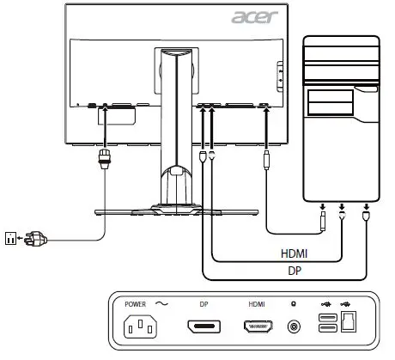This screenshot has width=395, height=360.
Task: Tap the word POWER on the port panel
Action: [136, 303]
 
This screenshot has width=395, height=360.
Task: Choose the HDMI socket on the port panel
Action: [257, 327]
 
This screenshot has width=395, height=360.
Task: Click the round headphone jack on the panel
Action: [295, 327]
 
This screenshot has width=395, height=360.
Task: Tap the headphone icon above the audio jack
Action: [295, 303]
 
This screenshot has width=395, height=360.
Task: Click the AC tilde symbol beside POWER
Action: [160, 303]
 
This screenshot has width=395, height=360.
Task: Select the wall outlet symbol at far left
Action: [10, 234]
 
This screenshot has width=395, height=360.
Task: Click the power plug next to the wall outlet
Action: [33, 234]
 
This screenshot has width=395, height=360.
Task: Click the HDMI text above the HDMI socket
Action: [256, 303]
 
